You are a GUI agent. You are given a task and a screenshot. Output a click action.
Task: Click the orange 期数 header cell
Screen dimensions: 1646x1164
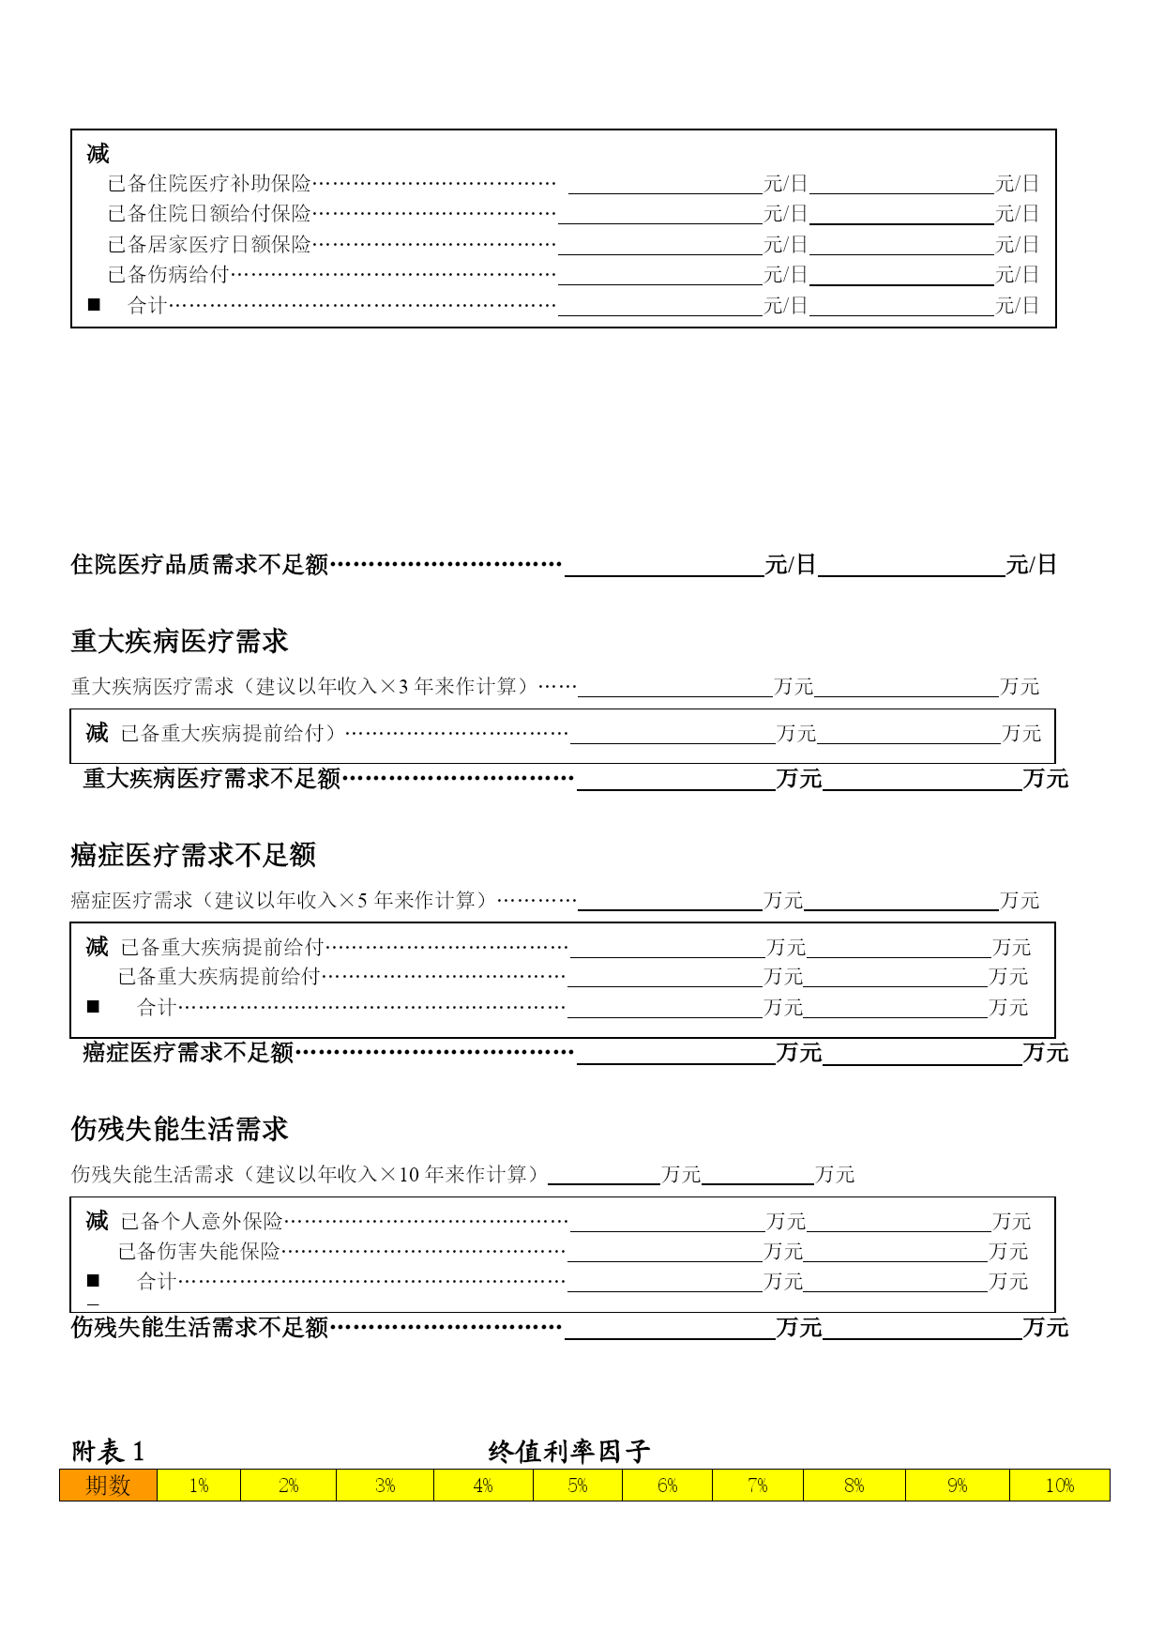tap(108, 1486)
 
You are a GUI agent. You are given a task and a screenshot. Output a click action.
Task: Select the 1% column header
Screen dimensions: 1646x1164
tap(199, 1486)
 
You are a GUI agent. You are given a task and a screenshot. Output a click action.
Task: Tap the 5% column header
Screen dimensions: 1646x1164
tap(578, 1486)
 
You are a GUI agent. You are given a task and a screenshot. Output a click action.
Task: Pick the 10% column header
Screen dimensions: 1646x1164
tap(1060, 1486)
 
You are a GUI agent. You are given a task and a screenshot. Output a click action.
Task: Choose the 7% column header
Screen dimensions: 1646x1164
tap(758, 1486)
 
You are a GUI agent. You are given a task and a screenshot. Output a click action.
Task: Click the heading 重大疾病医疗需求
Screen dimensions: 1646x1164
tap(179, 642)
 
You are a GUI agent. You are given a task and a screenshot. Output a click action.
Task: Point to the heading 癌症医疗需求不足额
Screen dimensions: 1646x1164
tap(193, 855)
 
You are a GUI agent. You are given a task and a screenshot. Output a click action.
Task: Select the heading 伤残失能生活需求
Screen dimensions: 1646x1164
tap(179, 1129)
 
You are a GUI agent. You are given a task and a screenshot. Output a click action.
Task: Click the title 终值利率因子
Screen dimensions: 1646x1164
tap(569, 1452)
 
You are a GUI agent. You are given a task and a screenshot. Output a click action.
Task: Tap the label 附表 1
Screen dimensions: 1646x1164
tap(108, 1452)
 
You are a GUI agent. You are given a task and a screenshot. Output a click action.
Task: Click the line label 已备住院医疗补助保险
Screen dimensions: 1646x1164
tap(209, 184)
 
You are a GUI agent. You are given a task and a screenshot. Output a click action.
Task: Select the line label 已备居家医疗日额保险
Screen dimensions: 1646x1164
tap(209, 245)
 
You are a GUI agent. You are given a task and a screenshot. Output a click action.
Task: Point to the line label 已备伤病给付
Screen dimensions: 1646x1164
tap(169, 275)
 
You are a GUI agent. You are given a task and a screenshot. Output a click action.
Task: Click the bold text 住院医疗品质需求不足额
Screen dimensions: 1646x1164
tap(200, 565)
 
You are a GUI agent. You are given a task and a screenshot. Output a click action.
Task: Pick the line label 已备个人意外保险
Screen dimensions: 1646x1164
tap(202, 1221)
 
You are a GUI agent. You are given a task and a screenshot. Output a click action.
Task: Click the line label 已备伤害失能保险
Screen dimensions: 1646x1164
tap(199, 1251)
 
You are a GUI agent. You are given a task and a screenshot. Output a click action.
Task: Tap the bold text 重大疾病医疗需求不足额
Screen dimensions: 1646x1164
tap(212, 779)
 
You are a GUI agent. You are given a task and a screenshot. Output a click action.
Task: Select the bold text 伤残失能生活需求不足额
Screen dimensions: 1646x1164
tap(200, 1328)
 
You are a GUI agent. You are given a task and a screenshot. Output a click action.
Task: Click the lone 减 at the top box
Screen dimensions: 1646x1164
tap(98, 153)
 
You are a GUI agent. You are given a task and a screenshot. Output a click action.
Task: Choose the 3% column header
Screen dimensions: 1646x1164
tap(385, 1486)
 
